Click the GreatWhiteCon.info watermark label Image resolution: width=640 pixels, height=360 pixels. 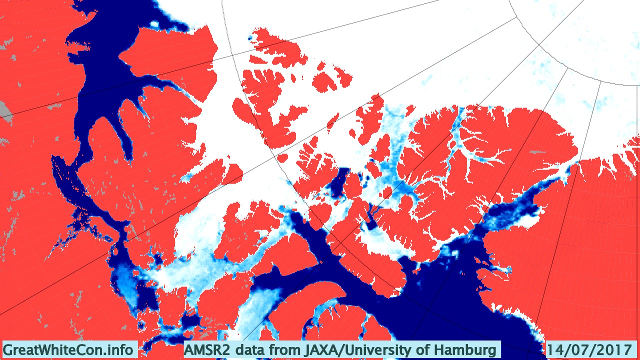(68, 349)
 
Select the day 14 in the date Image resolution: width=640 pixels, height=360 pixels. (554, 349)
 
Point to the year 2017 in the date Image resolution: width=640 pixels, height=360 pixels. (611, 349)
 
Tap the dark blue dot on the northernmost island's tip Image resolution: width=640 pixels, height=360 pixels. (250, 38)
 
